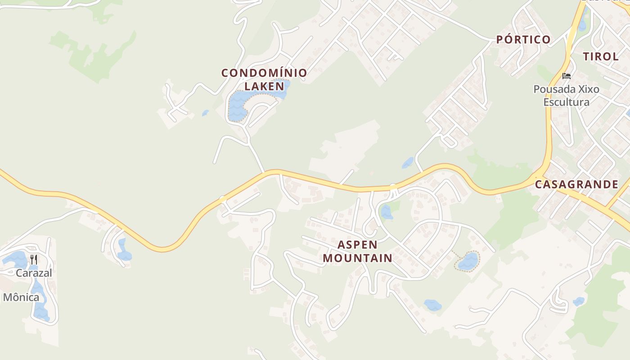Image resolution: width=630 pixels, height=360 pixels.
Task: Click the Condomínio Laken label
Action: coord(264,79)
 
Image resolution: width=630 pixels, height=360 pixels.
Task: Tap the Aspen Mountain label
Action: coord(357,252)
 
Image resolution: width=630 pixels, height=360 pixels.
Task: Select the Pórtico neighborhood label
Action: coord(523,40)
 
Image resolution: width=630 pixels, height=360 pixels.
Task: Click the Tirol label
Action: coord(601,56)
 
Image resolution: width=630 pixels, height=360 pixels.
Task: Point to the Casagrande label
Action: coord(576,184)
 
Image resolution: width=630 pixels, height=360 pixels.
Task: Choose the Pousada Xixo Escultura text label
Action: coord(566,95)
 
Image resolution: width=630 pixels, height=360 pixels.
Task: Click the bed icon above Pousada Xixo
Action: coord(566,76)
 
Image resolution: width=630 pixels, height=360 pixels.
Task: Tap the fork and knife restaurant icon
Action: coord(34,259)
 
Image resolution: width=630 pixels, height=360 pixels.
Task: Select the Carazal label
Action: coord(34,273)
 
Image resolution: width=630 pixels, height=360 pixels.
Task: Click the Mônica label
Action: coord(21,297)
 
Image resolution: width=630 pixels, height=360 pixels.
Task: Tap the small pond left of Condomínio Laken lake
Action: coord(205,113)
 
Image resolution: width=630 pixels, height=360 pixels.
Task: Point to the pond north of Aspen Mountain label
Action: coord(386,211)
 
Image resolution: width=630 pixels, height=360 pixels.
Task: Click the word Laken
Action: coord(264,85)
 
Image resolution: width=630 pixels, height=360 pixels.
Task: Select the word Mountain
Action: coord(357,258)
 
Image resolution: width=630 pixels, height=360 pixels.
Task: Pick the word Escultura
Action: coord(566,102)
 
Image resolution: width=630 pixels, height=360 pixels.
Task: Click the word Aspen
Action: coord(357,245)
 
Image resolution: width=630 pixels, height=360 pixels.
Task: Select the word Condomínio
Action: coord(264,72)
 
